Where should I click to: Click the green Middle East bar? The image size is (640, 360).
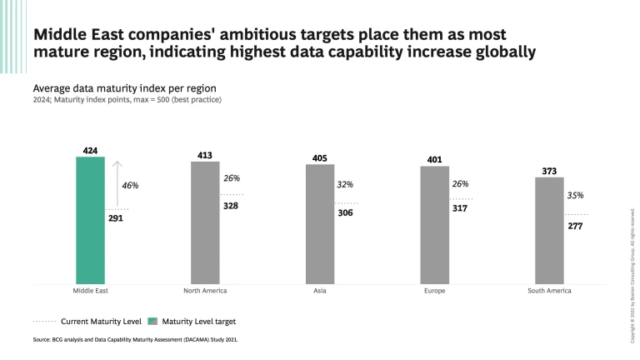click(x=90, y=220)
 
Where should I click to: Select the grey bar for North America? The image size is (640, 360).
click(x=205, y=222)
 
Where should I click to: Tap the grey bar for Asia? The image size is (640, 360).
click(x=320, y=224)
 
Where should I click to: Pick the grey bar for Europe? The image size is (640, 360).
click(x=434, y=225)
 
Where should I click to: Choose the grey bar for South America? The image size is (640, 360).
click(x=549, y=231)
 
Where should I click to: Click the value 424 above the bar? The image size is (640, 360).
click(x=90, y=151)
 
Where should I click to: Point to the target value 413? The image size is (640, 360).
click(x=205, y=155)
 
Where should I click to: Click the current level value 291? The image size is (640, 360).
click(x=116, y=219)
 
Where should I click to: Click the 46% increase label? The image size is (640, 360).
click(x=129, y=185)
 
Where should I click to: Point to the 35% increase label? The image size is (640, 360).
click(x=575, y=195)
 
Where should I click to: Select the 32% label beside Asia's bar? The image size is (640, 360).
click(x=345, y=184)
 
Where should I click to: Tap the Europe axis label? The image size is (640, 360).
click(x=434, y=291)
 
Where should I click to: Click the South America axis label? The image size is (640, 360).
click(x=549, y=291)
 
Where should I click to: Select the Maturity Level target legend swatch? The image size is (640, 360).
click(x=152, y=320)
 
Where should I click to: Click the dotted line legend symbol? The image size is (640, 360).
click(x=43, y=320)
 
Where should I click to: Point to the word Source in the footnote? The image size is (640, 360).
click(x=42, y=340)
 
